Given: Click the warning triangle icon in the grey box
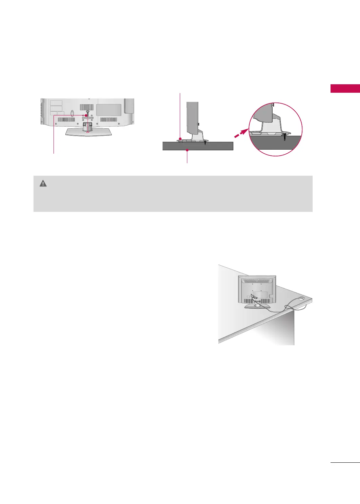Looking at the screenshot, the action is click(43, 183).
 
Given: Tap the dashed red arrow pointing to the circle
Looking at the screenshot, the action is click(241, 132).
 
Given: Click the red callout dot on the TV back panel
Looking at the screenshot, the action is click(86, 115).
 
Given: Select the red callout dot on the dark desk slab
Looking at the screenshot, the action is click(187, 150).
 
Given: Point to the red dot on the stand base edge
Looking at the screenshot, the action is click(180, 138).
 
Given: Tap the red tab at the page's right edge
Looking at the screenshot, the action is click(345, 88).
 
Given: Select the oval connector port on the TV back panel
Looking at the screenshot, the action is click(72, 113).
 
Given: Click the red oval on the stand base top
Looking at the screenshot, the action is click(87, 132).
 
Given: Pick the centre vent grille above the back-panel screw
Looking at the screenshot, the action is click(86, 107).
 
